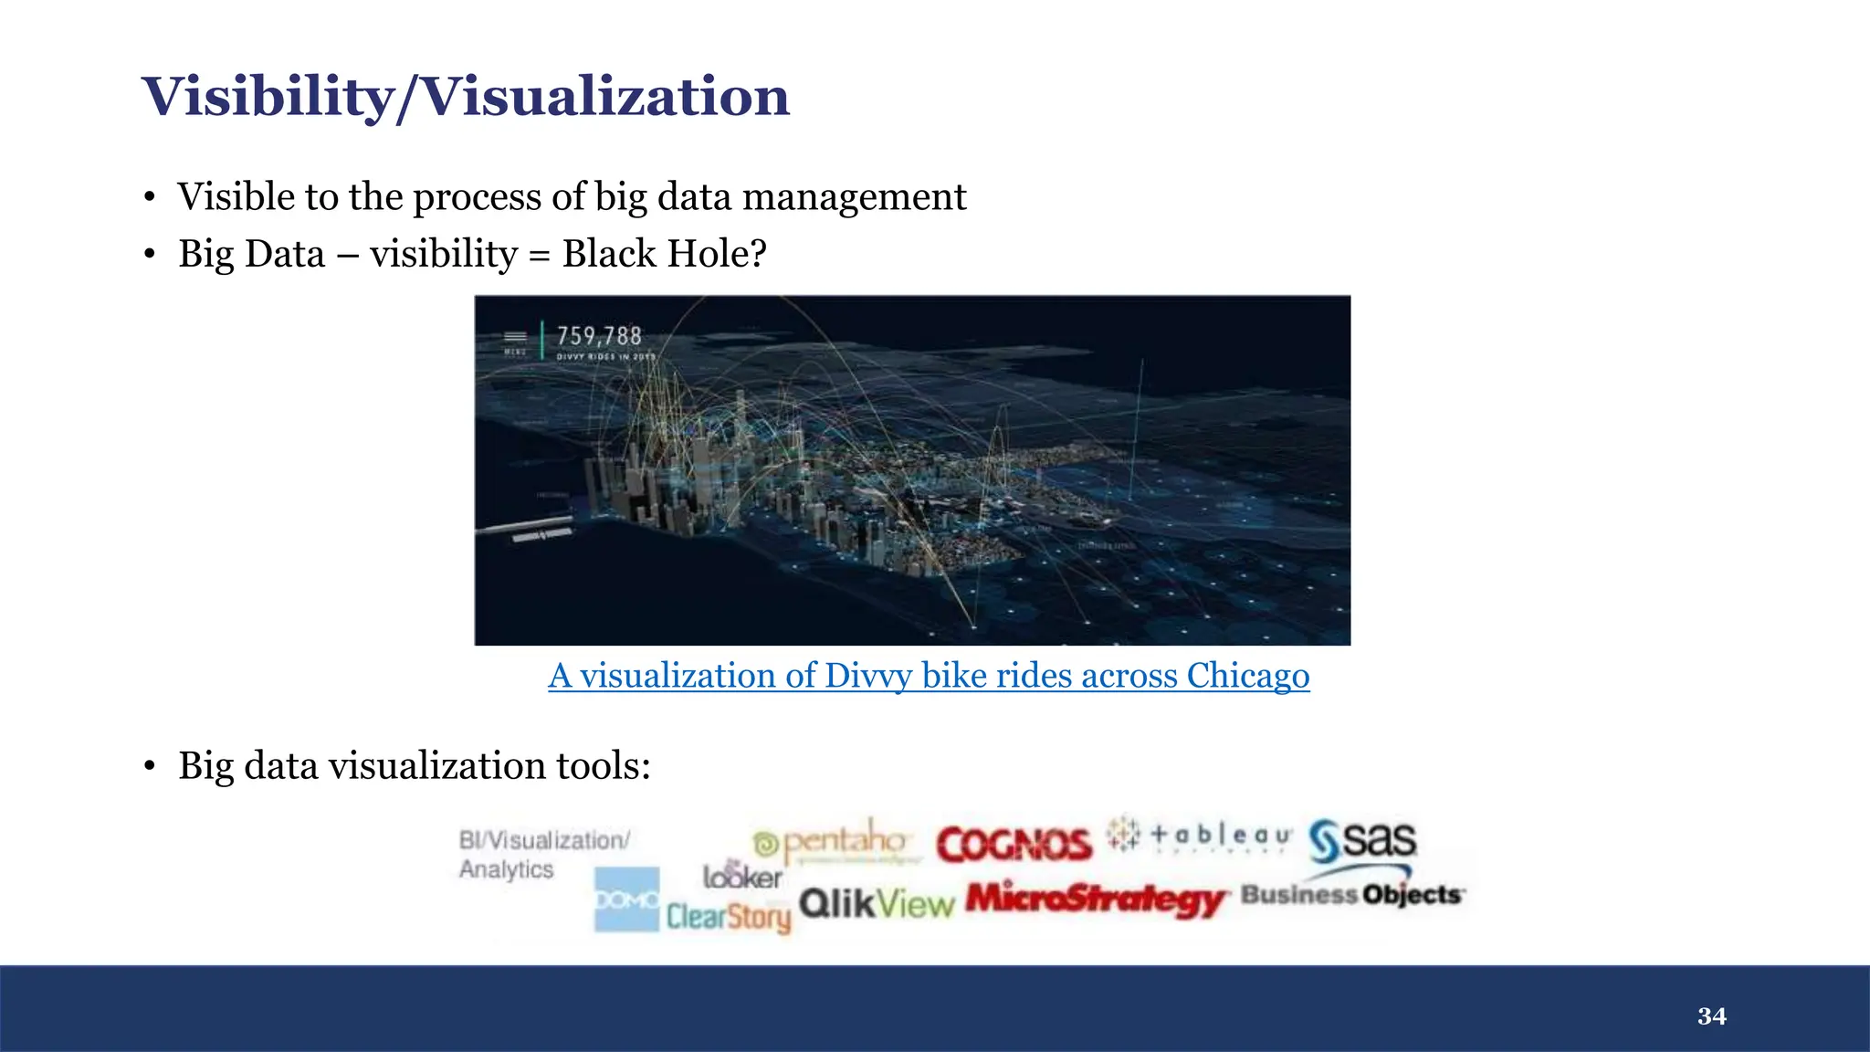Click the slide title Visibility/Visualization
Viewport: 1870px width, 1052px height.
[466, 97]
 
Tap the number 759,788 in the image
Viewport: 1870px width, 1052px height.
[599, 336]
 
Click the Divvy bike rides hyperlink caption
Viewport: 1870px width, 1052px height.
[929, 676]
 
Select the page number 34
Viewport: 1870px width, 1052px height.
[1711, 1016]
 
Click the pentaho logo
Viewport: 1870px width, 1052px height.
[832, 841]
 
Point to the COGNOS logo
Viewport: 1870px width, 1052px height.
[1014, 845]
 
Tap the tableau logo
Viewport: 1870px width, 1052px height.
[1200, 835]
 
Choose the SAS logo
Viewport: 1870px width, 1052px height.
[1362, 840]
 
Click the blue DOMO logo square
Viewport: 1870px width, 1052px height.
[626, 899]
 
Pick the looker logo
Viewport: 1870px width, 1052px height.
[742, 876]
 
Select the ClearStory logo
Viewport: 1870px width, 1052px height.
[728, 916]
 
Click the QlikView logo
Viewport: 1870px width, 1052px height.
[877, 904]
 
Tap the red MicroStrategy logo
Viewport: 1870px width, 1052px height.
[1096, 899]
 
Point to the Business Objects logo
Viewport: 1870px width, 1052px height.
[1352, 895]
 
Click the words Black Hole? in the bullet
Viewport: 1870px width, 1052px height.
[664, 254]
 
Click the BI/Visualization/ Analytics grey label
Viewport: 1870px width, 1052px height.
[544, 854]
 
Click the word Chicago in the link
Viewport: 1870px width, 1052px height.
[1247, 676]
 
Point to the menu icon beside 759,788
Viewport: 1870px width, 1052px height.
[516, 337]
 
